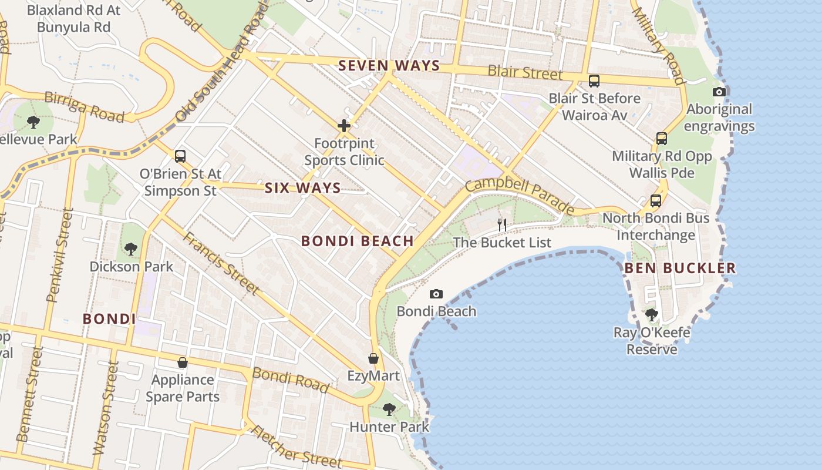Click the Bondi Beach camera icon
pyautogui.click(x=436, y=294)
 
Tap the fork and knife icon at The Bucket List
pyautogui.click(x=502, y=224)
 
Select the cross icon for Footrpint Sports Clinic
pyautogui.click(x=344, y=125)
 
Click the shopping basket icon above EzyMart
pyautogui.click(x=373, y=358)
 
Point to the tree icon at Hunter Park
pyautogui.click(x=389, y=409)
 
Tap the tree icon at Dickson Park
pyautogui.click(x=131, y=249)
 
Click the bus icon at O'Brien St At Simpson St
pyautogui.click(x=180, y=156)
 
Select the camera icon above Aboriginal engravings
pyautogui.click(x=719, y=92)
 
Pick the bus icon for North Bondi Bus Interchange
pyautogui.click(x=656, y=201)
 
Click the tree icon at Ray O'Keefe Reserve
pyautogui.click(x=651, y=315)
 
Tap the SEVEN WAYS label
pyautogui.click(x=389, y=66)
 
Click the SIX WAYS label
pyautogui.click(x=302, y=188)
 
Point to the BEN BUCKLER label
pyautogui.click(x=679, y=268)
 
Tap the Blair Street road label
pyautogui.click(x=525, y=73)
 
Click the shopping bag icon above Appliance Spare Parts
pyautogui.click(x=183, y=362)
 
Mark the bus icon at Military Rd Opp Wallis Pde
pyautogui.click(x=662, y=139)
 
